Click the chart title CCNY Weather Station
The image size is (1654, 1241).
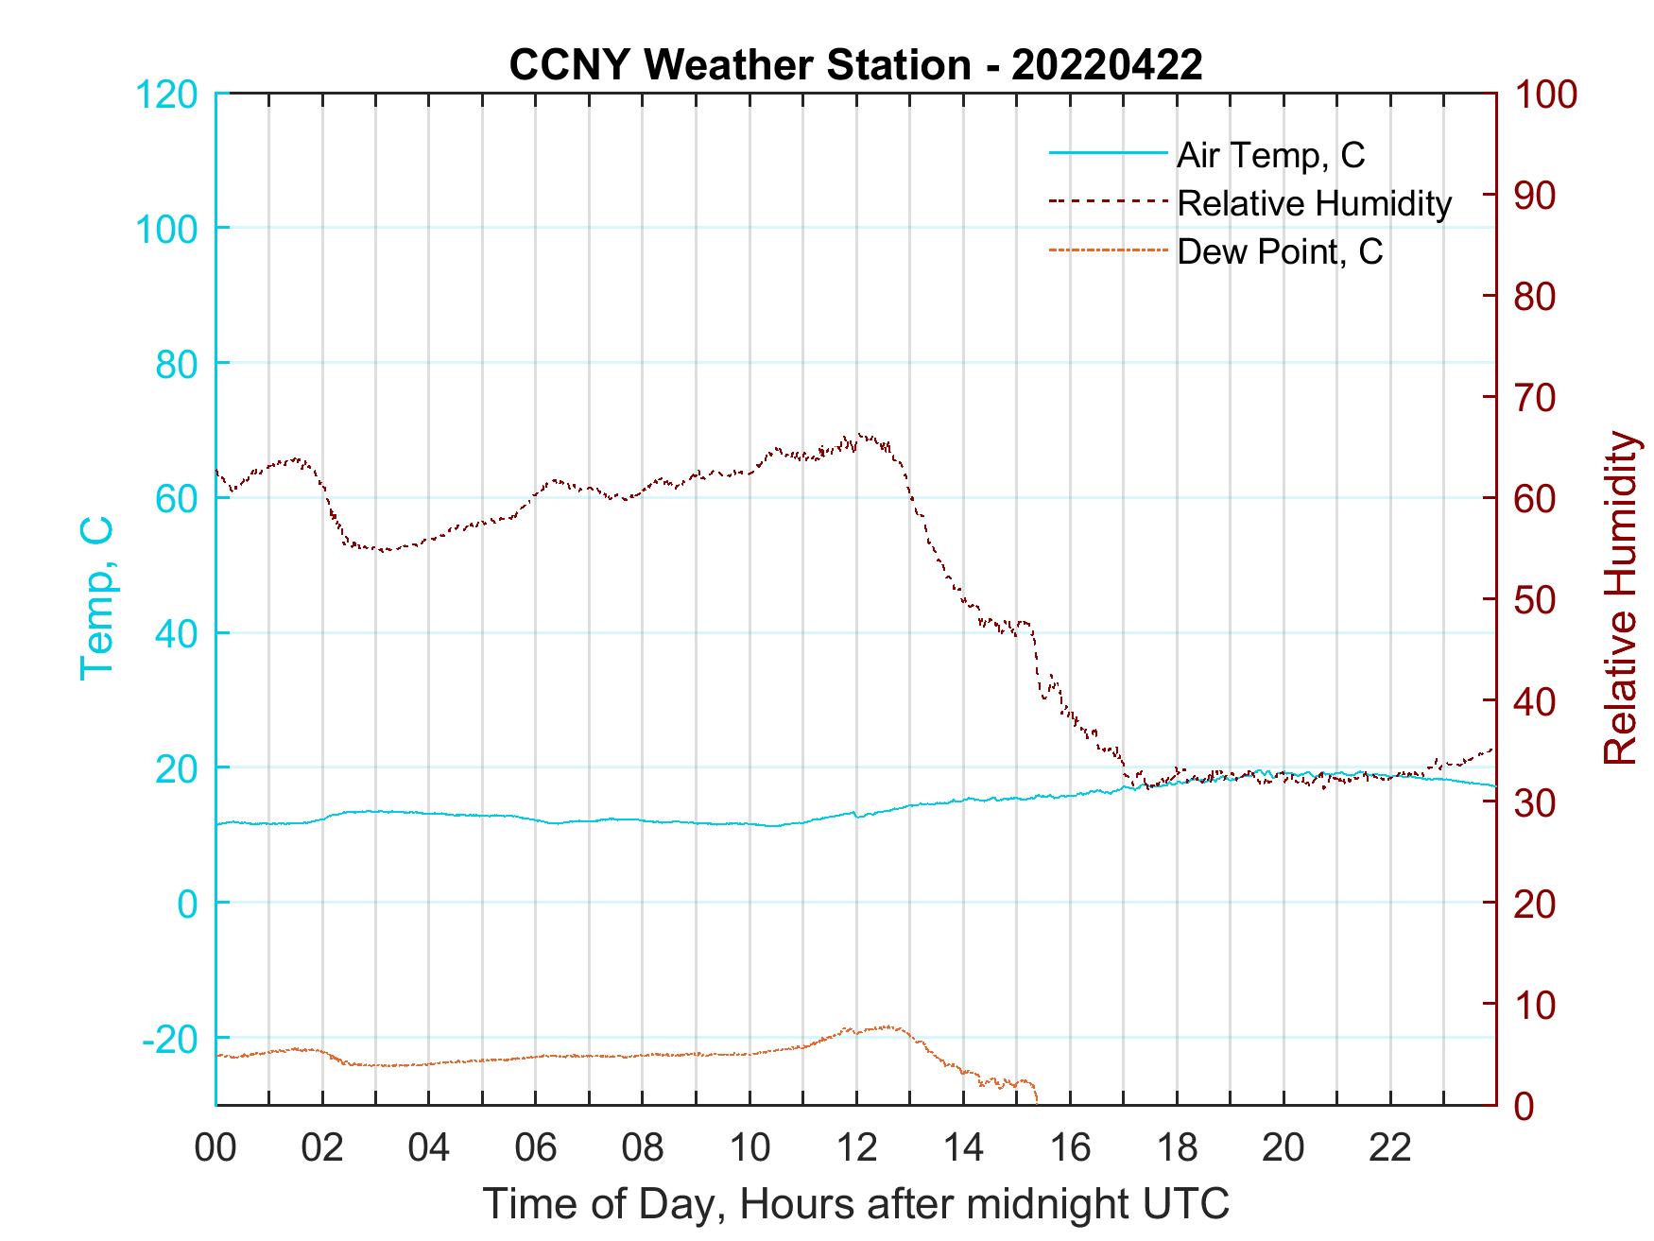[854, 64]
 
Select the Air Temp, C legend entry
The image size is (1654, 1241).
[1269, 155]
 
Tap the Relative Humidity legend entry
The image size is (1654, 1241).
[1314, 203]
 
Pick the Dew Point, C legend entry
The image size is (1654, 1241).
[1279, 252]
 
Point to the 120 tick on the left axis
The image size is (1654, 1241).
[168, 95]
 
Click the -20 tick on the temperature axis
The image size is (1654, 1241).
[170, 1039]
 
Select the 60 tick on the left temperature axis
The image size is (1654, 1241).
[176, 499]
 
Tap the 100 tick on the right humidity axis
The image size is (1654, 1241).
[1545, 95]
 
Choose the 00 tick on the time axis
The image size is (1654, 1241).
[216, 1148]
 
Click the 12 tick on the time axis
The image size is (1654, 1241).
[857, 1148]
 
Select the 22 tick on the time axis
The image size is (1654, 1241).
[1391, 1148]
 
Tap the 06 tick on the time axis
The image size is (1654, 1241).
[537, 1148]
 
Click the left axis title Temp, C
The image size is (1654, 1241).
[96, 597]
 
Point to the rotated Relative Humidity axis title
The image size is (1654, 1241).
[1620, 597]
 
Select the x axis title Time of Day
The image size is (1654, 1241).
[856, 1203]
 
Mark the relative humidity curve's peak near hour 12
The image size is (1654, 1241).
[859, 435]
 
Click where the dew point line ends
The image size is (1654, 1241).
[1037, 1101]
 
